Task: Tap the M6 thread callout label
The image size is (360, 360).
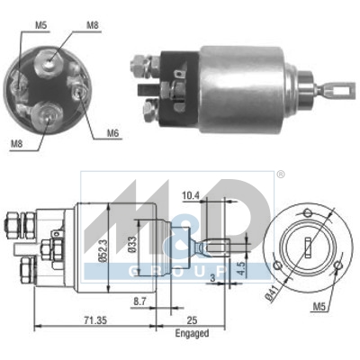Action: coord(112,133)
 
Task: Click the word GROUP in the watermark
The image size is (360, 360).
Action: coord(180,270)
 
